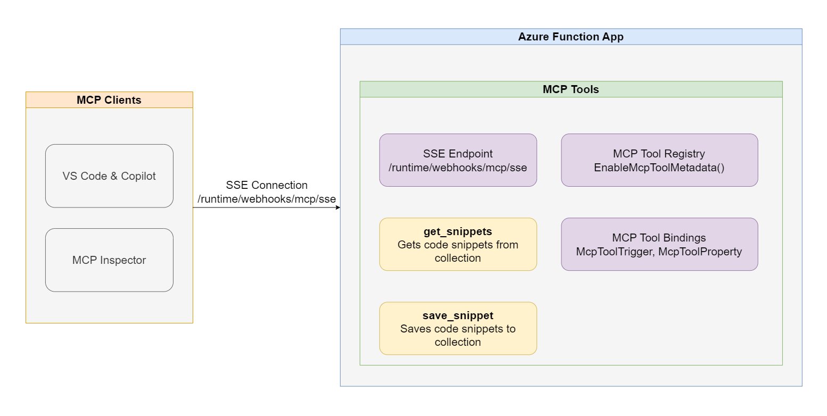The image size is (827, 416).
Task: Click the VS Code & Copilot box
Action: (x=109, y=176)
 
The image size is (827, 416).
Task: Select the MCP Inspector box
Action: (x=109, y=260)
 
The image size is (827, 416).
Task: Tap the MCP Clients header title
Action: (x=109, y=100)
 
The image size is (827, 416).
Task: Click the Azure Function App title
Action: (x=570, y=37)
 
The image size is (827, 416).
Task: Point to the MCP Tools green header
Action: (x=570, y=89)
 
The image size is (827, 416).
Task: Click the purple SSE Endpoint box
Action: (x=458, y=160)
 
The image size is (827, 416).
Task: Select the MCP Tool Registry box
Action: (x=659, y=160)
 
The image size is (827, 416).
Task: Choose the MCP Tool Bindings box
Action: (x=659, y=244)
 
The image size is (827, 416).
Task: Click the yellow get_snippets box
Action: (x=458, y=244)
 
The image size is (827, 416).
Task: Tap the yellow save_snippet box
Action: (x=458, y=328)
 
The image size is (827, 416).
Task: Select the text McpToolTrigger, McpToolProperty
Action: (x=659, y=252)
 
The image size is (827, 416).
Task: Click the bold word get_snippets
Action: (x=458, y=232)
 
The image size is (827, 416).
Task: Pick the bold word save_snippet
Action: (x=458, y=316)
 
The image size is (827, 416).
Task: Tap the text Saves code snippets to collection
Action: (x=458, y=335)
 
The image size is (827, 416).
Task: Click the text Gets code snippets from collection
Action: (x=458, y=251)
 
